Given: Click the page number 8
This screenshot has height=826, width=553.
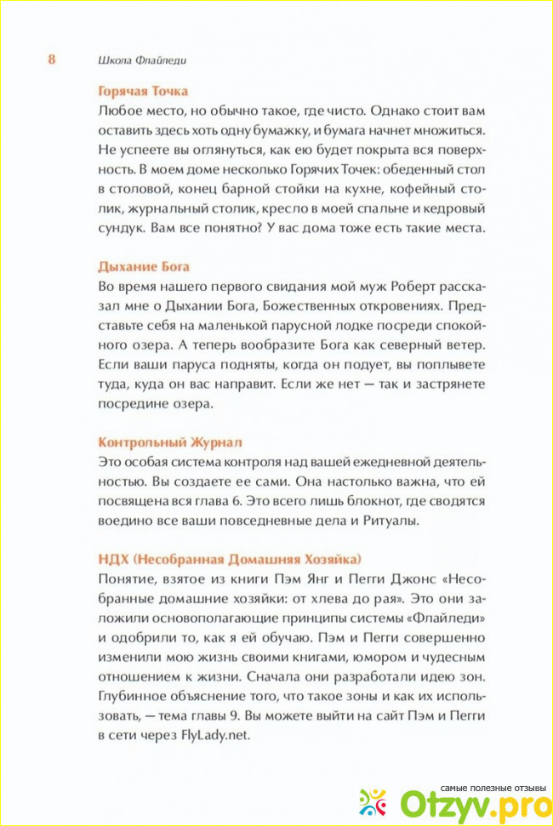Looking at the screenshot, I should click(51, 60).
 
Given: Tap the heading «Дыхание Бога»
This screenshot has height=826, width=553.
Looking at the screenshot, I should click(144, 266).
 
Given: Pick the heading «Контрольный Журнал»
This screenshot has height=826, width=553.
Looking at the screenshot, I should click(170, 442).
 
